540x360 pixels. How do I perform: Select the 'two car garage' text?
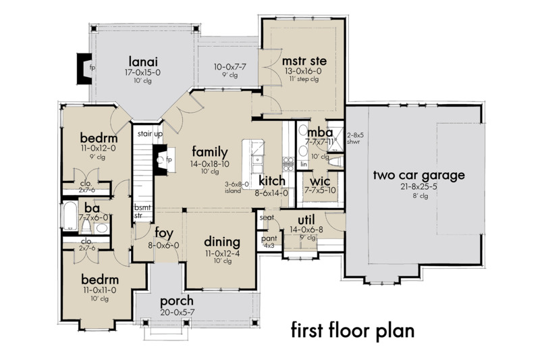(419, 176)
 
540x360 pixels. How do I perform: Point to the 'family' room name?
(209, 151)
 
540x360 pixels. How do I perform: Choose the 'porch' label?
(177, 301)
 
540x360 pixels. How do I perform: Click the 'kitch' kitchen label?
(272, 181)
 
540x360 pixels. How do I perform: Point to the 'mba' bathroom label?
(317, 131)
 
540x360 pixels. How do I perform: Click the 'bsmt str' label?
(141, 211)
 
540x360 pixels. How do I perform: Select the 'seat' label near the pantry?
(266, 217)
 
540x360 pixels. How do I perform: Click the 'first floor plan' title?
(352, 331)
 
